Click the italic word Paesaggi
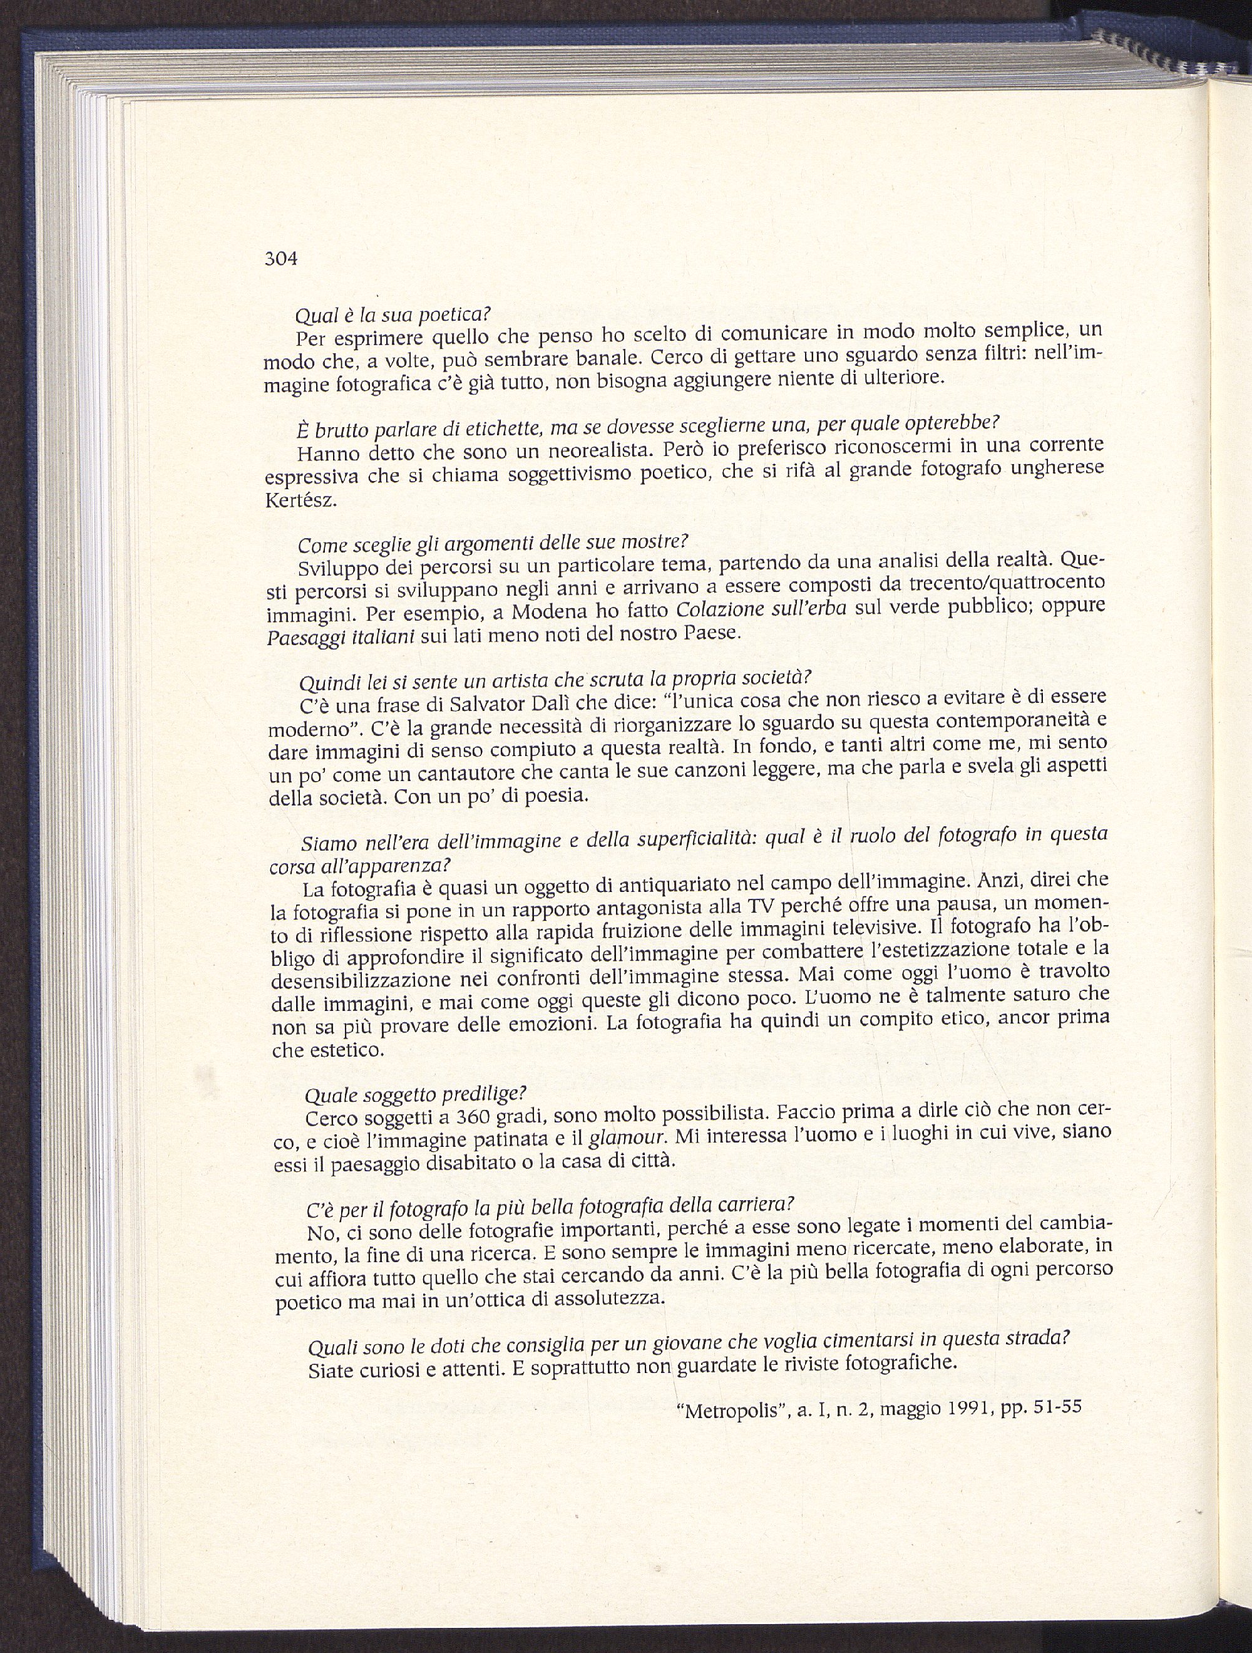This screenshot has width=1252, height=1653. point(301,636)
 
